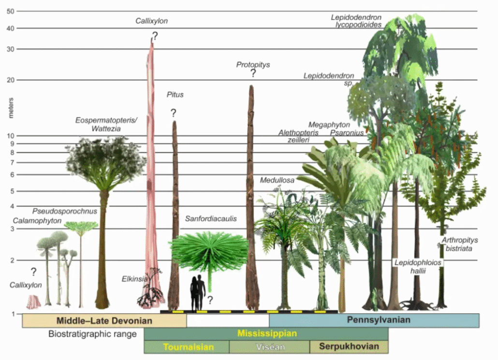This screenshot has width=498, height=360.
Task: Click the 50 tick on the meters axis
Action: [10, 11]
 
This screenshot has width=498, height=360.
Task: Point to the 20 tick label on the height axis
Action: [10, 80]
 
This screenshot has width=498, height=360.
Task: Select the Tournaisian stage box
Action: [186, 347]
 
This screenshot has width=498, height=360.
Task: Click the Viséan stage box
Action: [269, 347]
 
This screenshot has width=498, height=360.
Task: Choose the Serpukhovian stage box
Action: [349, 347]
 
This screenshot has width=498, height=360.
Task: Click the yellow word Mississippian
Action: [267, 333]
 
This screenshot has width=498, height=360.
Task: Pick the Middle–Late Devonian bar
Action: [104, 320]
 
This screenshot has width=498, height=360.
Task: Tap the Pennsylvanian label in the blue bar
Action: [379, 320]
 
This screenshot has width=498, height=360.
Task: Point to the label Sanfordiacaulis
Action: [211, 219]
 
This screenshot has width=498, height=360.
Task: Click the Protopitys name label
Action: [253, 64]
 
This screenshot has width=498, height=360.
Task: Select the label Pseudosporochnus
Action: [65, 211]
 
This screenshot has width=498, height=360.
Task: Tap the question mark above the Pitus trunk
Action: [173, 113]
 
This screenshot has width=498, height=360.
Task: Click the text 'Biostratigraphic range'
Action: [93, 334]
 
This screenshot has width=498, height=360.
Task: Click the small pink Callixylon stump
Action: [33, 302]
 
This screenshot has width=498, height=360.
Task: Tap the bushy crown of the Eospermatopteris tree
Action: [105, 157]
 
